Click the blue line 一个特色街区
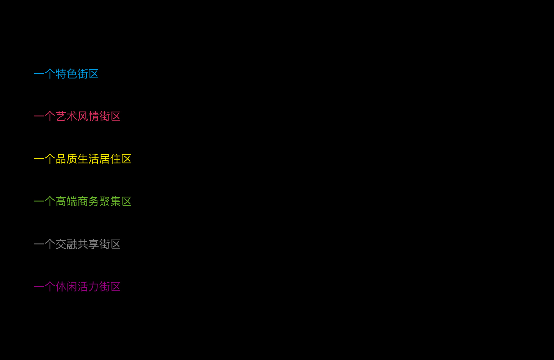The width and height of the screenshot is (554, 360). [66, 74]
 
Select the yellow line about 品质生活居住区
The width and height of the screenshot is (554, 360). [83, 159]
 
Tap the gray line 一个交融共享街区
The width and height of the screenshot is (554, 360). [77, 244]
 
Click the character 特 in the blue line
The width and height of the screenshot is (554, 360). [61, 74]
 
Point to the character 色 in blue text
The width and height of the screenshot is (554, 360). [72, 74]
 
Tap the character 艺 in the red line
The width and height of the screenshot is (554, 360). [61, 116]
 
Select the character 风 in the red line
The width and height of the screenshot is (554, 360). [83, 116]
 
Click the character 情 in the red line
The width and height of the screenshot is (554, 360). [94, 116]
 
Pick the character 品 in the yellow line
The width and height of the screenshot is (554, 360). [61, 159]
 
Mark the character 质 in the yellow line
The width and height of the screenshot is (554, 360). [72, 159]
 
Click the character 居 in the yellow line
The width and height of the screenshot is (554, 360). [104, 159]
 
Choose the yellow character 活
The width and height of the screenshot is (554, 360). [94, 159]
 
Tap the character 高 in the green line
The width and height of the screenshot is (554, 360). [61, 202]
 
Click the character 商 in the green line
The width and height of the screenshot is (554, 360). [83, 202]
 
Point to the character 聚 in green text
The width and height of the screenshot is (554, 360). [104, 202]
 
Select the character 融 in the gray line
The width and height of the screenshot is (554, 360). [72, 244]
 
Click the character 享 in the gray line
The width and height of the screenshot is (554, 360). [94, 244]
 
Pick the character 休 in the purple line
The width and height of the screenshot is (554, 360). [61, 287]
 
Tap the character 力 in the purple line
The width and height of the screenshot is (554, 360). [94, 287]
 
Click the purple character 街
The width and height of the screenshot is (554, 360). [104, 287]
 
